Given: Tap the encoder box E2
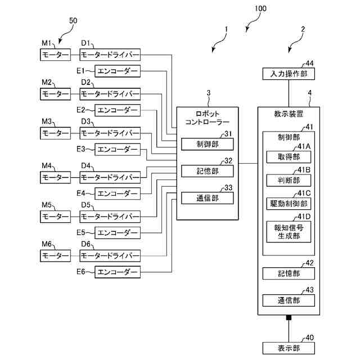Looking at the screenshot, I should point(118,110).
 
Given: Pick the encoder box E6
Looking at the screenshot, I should point(118,272).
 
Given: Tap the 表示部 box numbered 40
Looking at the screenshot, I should point(289,347).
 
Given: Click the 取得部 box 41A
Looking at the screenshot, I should point(289,157).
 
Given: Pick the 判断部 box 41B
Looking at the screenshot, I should point(289,180).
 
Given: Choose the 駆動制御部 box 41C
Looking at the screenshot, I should point(289,203).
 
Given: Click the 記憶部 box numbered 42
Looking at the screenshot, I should point(289,273).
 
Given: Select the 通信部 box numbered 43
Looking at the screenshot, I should point(289,300).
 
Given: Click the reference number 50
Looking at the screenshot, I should point(73,21).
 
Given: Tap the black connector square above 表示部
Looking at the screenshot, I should point(289,318).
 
